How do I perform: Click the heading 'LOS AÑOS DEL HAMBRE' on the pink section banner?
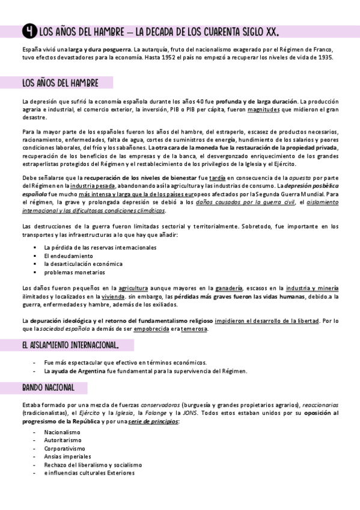coord(60,82)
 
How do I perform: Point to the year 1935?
coord(322,58)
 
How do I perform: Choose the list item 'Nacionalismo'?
coord(62,432)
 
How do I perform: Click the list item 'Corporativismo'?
coord(65,449)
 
